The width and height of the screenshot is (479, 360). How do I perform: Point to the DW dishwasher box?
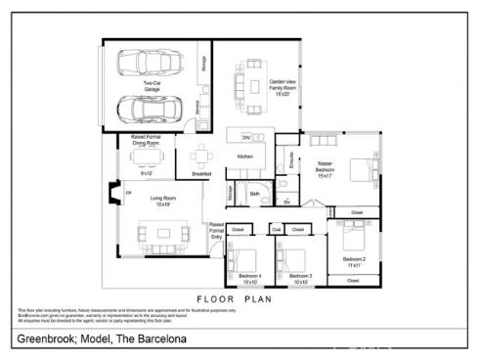(x=246, y=137)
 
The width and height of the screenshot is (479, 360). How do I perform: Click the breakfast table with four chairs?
(x=201, y=156)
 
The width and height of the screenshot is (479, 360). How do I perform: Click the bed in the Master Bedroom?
(x=358, y=170)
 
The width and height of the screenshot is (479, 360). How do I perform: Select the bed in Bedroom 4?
(x=244, y=260)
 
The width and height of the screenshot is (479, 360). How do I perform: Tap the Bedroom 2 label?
(x=354, y=261)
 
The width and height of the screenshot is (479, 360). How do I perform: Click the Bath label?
(x=254, y=194)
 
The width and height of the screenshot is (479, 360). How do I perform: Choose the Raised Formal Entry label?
(x=216, y=230)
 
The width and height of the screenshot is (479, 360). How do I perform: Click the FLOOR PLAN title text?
(x=236, y=299)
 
